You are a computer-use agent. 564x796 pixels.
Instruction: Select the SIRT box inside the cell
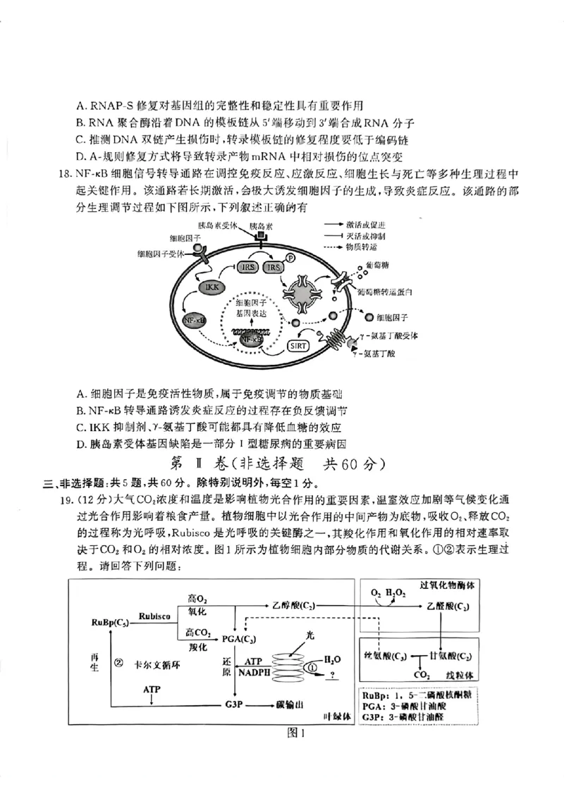coord(298,345)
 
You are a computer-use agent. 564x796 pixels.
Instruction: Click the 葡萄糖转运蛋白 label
coord(384,291)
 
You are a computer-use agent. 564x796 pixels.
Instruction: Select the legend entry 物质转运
coord(364,248)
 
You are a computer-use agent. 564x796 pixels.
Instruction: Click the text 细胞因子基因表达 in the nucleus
coord(252,307)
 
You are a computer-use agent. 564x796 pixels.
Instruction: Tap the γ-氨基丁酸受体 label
coord(391,336)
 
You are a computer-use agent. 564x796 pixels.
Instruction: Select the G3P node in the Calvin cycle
coord(235,704)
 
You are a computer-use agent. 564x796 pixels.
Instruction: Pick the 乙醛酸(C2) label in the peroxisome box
coord(448,606)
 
